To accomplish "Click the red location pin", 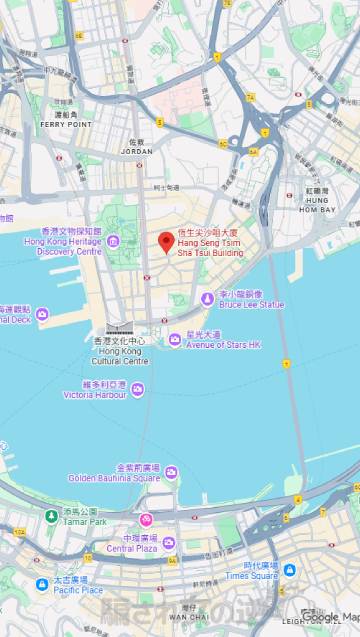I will pos(166,243).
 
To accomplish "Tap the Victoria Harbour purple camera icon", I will pos(137,390).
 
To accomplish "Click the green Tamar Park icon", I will pos(52,515).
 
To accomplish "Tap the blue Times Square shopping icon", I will pos(289,570).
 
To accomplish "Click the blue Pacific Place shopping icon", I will pos(42,584).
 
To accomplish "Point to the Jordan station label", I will pos(138,150).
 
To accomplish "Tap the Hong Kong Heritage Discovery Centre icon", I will pos(113,241).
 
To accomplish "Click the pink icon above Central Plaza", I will pos(146,520).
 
